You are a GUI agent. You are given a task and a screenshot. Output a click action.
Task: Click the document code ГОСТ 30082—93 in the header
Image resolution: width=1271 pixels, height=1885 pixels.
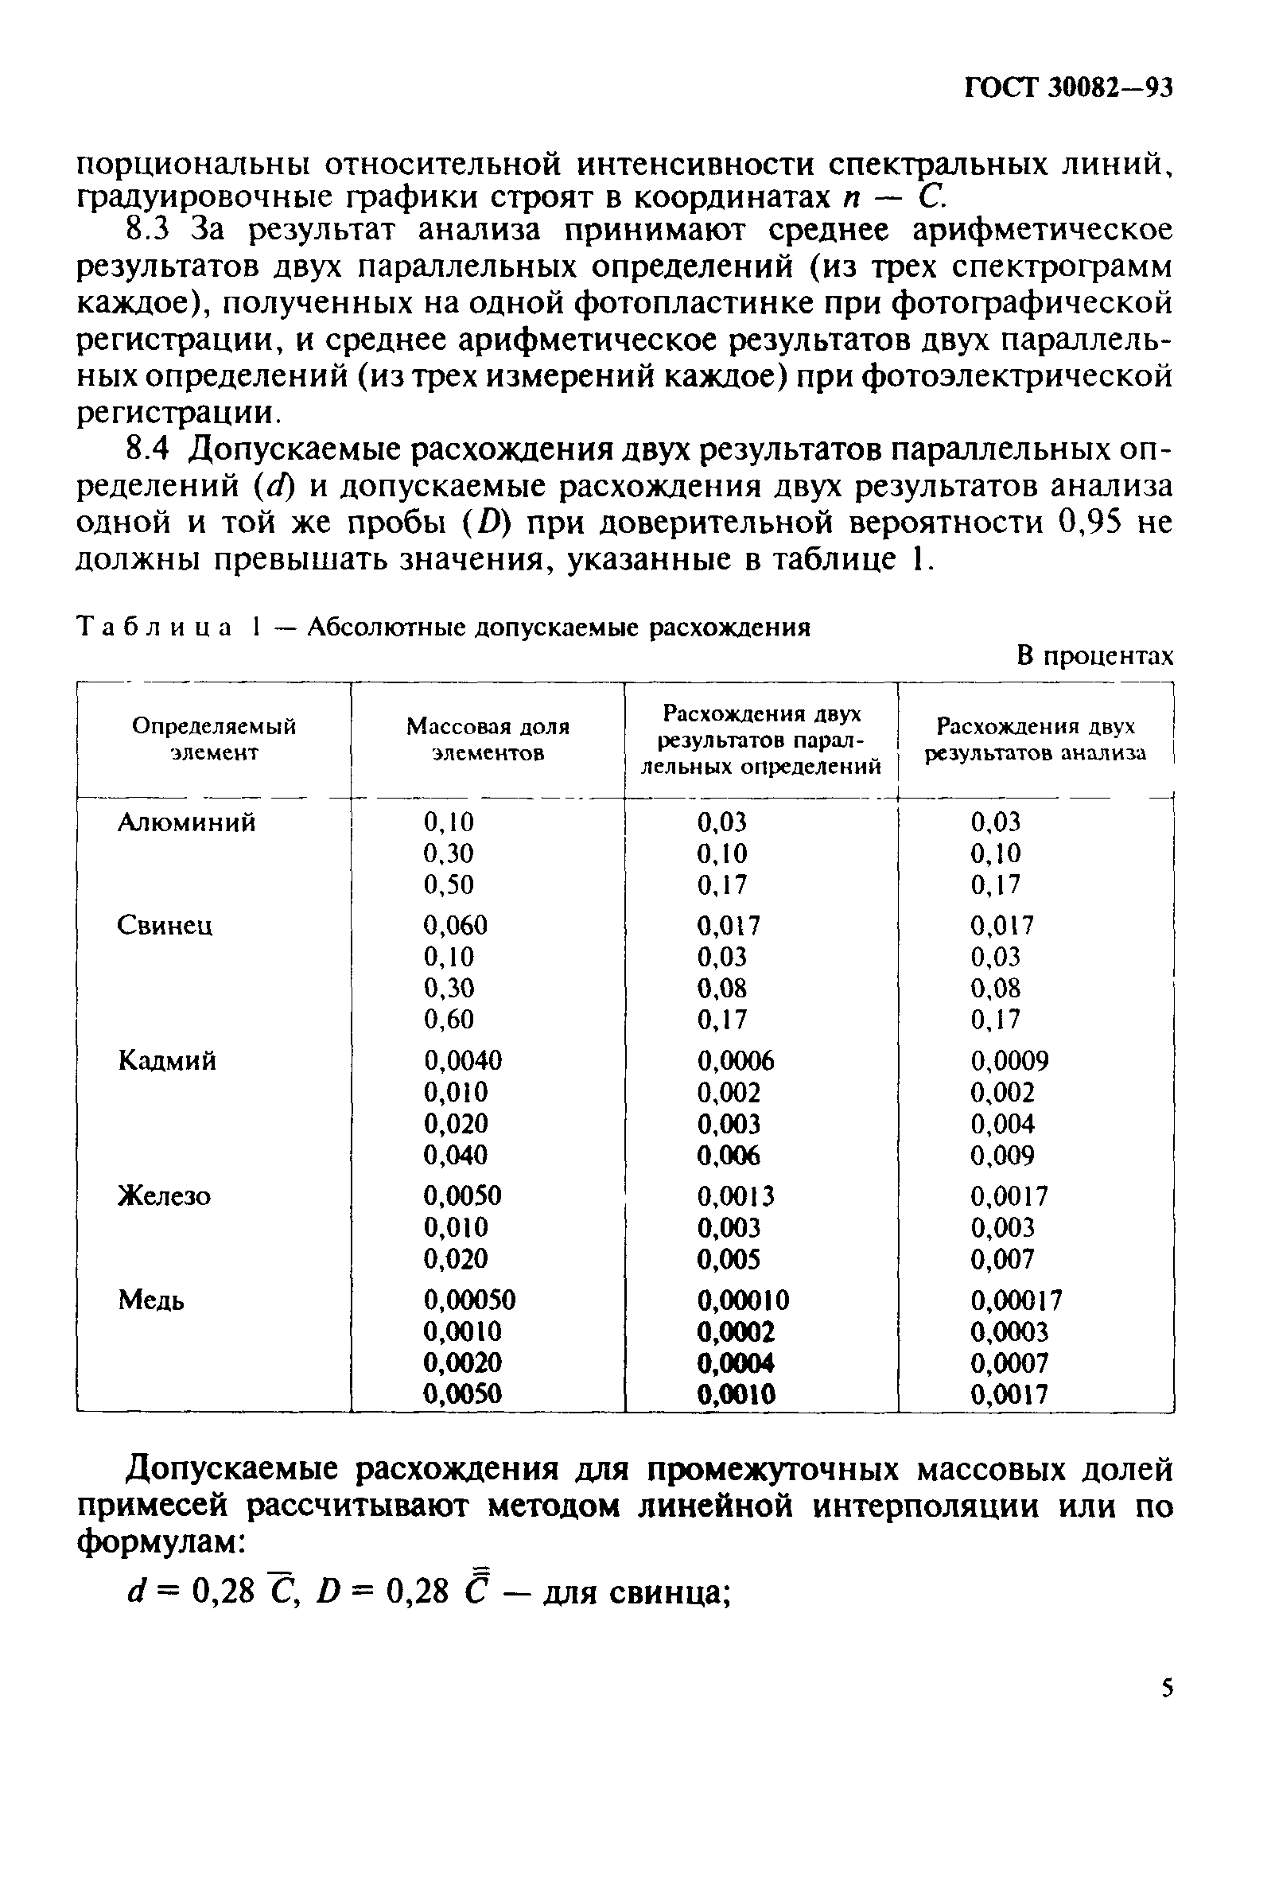[x=1069, y=88]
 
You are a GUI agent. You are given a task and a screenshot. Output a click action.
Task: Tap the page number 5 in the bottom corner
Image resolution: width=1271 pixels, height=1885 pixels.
[x=1168, y=1688]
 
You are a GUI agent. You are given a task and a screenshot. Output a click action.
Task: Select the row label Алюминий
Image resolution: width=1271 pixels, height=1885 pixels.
[x=186, y=822]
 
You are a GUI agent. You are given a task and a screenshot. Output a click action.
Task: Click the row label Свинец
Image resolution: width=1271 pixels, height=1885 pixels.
[x=165, y=926]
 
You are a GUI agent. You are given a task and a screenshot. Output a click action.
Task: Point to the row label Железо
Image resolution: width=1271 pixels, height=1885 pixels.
[x=165, y=1195]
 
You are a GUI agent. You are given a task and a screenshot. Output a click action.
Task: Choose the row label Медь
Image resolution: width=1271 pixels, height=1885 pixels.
[x=152, y=1300]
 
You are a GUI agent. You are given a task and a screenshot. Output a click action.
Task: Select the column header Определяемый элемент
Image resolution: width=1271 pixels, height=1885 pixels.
[x=214, y=739]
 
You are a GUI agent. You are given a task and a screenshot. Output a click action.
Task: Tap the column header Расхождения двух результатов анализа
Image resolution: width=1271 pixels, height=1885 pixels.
[x=1036, y=739]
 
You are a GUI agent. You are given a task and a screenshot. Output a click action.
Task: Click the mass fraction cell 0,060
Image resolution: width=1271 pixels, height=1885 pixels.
[x=456, y=926]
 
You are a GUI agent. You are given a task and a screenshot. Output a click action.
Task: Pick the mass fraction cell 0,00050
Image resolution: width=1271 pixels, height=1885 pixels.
[x=469, y=1300]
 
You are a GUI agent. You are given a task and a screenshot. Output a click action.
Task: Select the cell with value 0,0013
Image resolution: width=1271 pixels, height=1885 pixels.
[x=736, y=1195]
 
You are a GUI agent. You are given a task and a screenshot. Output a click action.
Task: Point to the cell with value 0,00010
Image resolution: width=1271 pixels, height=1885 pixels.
[x=744, y=1300]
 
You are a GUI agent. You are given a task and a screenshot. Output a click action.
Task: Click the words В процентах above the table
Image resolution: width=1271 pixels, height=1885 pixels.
[x=1095, y=655]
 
